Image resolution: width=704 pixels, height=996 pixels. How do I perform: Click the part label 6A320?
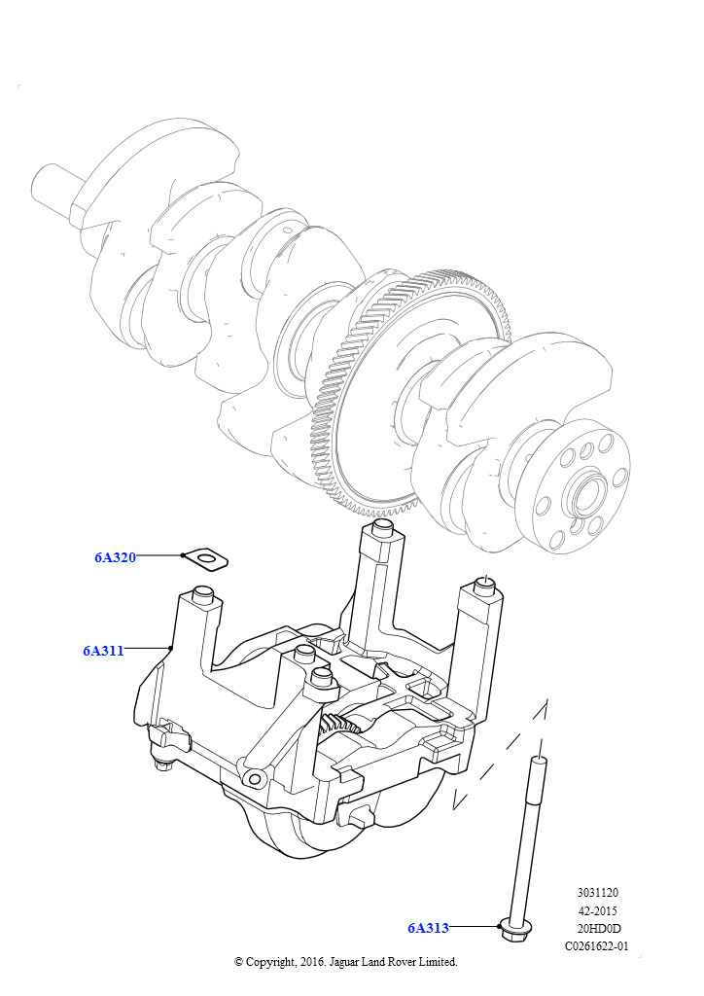[x=115, y=557]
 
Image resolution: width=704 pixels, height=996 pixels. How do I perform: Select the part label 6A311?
[x=103, y=651]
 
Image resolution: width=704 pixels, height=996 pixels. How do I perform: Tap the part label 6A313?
[x=428, y=928]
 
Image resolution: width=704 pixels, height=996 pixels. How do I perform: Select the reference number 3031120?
[x=597, y=893]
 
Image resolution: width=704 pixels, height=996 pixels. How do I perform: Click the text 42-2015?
[x=597, y=910]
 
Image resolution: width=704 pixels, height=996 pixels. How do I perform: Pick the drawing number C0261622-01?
[x=597, y=945]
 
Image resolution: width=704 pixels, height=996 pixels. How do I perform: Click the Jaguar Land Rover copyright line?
[x=345, y=961]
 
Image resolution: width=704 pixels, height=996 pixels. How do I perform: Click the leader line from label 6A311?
[x=148, y=648]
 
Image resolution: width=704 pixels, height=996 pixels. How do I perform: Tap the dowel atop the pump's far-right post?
[x=485, y=585]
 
